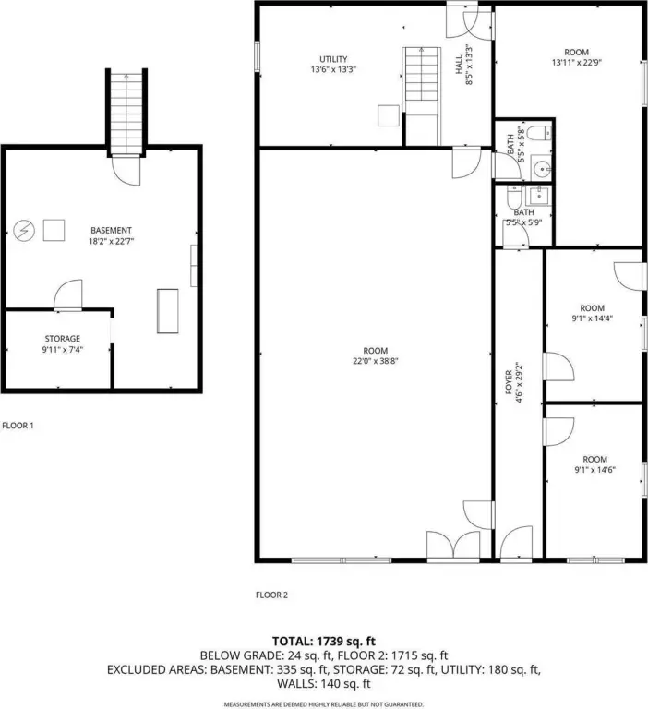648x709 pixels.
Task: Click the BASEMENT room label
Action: click(x=111, y=230)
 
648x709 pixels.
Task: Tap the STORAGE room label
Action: click(x=63, y=339)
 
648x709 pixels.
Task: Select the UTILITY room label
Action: click(x=333, y=59)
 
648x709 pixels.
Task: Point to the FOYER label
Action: click(x=509, y=382)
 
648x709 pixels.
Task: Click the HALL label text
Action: click(x=459, y=65)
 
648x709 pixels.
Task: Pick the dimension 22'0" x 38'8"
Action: click(x=376, y=361)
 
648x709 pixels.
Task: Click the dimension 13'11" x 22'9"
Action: click(x=577, y=63)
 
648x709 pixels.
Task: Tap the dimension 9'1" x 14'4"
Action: click(x=593, y=318)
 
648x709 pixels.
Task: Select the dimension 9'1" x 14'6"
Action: click(x=595, y=470)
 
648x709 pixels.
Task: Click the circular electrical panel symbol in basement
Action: click(x=24, y=231)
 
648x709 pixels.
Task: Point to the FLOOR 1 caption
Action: click(x=18, y=426)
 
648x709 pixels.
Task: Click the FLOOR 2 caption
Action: click(x=271, y=595)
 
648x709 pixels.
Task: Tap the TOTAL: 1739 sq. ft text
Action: click(x=324, y=642)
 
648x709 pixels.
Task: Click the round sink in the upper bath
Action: click(x=541, y=169)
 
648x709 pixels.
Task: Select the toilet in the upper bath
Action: click(x=538, y=133)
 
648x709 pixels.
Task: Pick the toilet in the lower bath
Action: click(x=514, y=196)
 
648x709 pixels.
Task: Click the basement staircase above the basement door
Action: click(x=126, y=113)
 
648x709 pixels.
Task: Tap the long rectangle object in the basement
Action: click(x=167, y=311)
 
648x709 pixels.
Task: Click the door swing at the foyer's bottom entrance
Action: click(x=516, y=542)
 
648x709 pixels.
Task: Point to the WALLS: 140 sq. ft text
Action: click(x=324, y=684)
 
